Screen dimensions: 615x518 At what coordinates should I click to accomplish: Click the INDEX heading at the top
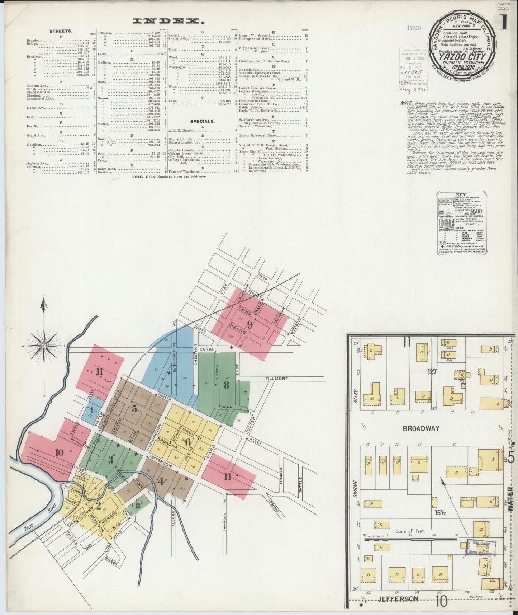coord(166,22)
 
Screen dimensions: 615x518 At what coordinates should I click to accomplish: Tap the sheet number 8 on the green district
coord(226,385)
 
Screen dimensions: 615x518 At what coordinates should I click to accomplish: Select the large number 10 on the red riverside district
coord(59,452)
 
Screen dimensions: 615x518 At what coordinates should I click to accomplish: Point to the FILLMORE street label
coord(277,379)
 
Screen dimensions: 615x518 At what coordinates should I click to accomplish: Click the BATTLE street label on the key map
coord(300,484)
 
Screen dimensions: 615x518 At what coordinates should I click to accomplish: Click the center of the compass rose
coord(44,346)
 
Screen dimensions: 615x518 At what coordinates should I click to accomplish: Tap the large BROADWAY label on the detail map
coord(421,428)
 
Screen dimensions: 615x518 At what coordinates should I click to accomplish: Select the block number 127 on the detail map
coord(432,372)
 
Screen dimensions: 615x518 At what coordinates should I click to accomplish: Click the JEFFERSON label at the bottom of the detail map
coord(399,599)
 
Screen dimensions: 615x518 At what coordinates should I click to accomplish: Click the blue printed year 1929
coord(414,28)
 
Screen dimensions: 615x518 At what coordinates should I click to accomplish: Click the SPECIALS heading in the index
coord(202,121)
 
